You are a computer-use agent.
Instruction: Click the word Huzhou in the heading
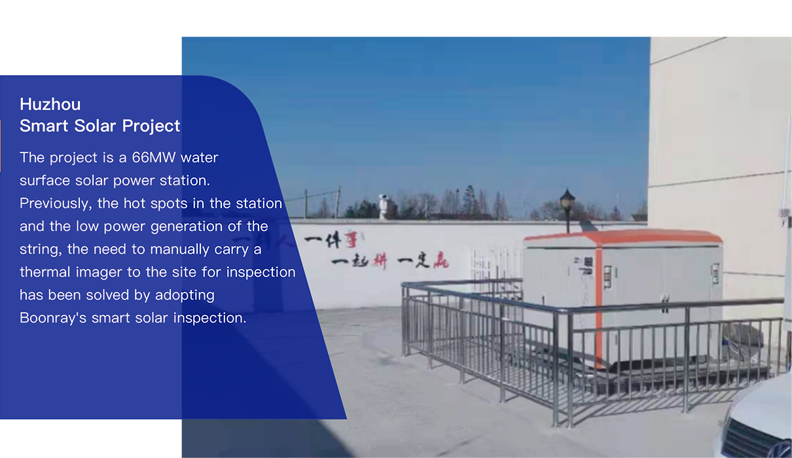pos(50,104)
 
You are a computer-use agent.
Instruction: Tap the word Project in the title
pos(151,126)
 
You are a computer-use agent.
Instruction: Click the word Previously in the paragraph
pos(56,204)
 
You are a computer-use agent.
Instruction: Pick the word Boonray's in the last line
pos(53,318)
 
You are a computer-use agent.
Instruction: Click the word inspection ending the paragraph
pos(209,319)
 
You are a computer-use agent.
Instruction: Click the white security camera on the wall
pos(383,207)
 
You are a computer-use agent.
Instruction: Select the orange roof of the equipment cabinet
pos(623,238)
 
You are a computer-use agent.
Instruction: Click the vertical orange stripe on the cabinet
pos(598,307)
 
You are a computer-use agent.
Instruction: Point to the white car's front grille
pos(753,439)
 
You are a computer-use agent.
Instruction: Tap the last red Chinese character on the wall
pos(441,260)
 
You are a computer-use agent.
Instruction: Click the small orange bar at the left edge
pos(1,146)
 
